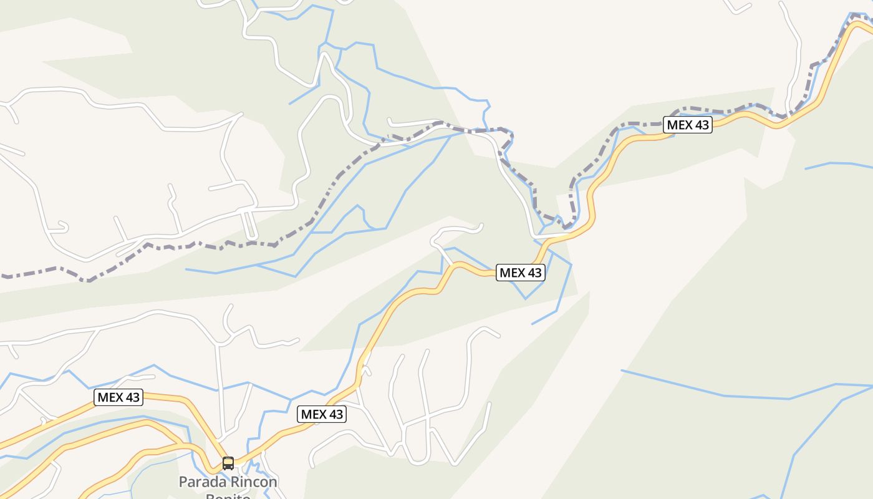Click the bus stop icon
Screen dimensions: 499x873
coord(228,463)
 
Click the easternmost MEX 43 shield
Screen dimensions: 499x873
coord(688,125)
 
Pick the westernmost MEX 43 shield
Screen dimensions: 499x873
coord(118,397)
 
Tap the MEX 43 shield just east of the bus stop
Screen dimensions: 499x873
coord(322,414)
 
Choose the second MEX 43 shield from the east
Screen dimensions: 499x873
coord(520,273)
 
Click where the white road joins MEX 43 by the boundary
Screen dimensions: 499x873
coord(536,238)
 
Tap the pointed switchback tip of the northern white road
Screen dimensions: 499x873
coord(324,55)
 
